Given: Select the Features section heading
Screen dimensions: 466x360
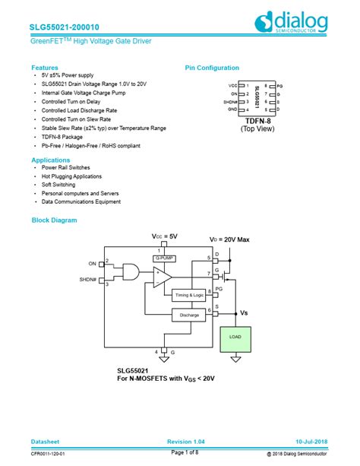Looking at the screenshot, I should click(45, 68).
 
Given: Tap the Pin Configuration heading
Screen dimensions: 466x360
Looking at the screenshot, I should click(212, 68).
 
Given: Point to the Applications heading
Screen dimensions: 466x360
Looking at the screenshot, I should click(51, 160).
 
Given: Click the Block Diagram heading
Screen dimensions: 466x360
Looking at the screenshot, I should click(54, 220).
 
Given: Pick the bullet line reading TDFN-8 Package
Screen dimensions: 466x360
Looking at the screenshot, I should click(62, 137).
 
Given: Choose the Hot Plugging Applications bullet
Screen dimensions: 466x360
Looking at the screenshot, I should click(71, 176).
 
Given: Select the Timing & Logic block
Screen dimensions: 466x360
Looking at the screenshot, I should click(190, 294).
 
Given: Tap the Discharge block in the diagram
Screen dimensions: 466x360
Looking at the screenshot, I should click(189, 314).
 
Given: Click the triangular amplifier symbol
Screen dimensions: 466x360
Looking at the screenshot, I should click(160, 277).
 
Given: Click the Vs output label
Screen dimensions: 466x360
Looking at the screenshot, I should click(243, 312).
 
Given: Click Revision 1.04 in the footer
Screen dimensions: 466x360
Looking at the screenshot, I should click(185, 442).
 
